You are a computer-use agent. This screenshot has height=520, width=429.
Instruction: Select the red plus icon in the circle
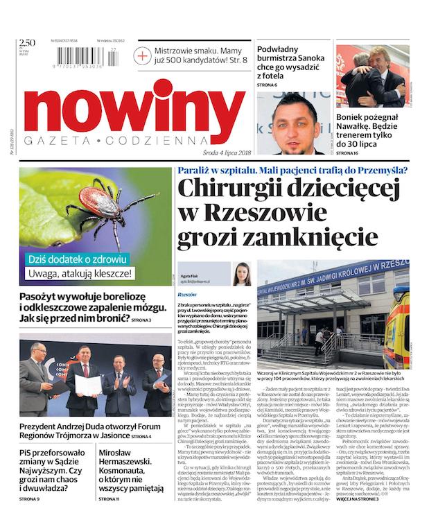pyautogui.click(x=143, y=55)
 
